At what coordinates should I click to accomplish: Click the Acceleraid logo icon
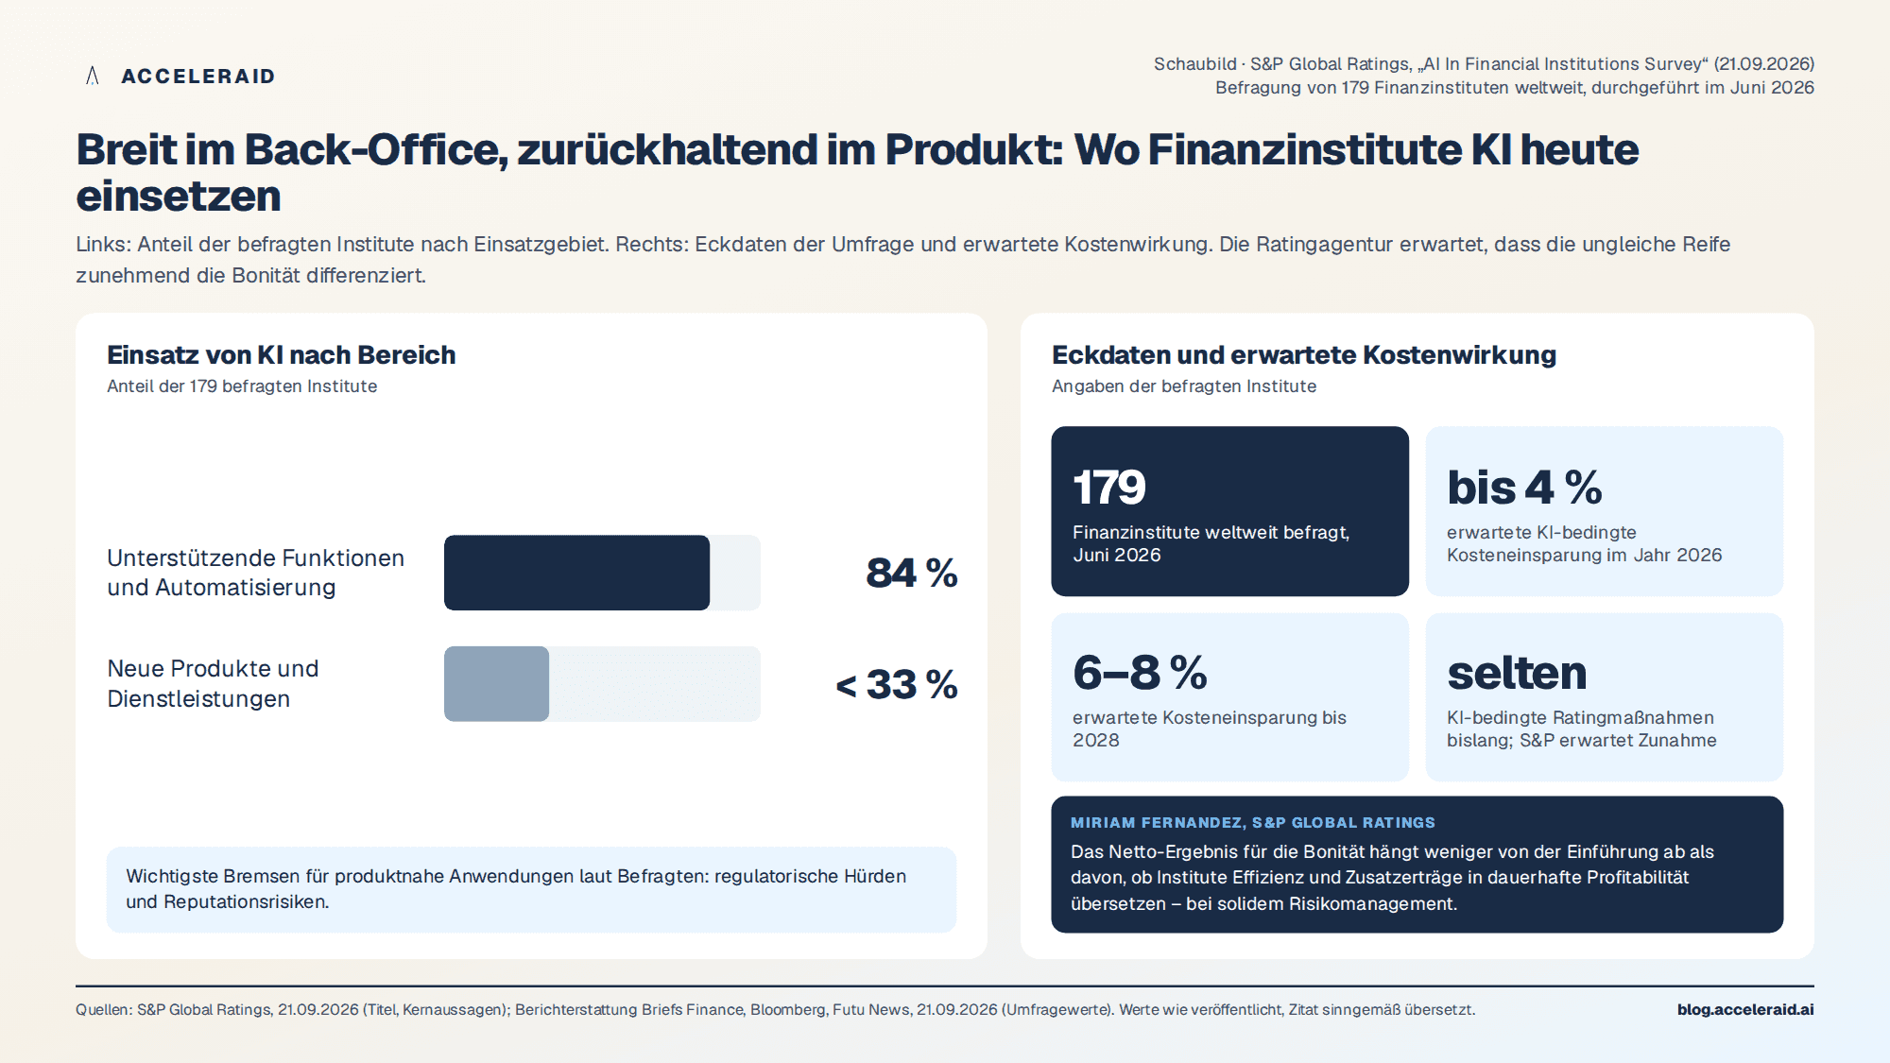tap(93, 76)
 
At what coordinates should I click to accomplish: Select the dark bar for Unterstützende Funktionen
tap(576, 573)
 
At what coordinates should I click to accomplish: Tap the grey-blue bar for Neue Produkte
tap(496, 684)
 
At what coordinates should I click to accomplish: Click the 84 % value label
tap(912, 573)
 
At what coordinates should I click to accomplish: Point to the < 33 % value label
tap(897, 684)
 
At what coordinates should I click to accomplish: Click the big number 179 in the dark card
tap(1109, 488)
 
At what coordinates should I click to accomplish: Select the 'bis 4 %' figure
tap(1524, 488)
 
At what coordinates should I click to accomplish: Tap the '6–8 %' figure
tap(1140, 673)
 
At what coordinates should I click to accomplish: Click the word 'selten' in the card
tap(1517, 673)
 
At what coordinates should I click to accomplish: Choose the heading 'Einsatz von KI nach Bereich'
tap(282, 354)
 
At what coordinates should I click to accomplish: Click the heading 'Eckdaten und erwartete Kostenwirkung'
tap(1304, 354)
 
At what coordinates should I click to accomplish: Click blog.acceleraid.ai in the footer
tap(1745, 1009)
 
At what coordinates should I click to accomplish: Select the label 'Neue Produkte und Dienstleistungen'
tap(213, 683)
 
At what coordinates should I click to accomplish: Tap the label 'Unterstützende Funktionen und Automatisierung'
tap(255, 573)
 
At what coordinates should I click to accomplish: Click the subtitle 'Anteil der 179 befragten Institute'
tap(242, 386)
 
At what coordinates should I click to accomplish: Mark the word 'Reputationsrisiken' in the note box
tap(246, 901)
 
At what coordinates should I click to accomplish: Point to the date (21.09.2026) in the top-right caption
tap(1765, 63)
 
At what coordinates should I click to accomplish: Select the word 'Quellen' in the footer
tap(102, 1009)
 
